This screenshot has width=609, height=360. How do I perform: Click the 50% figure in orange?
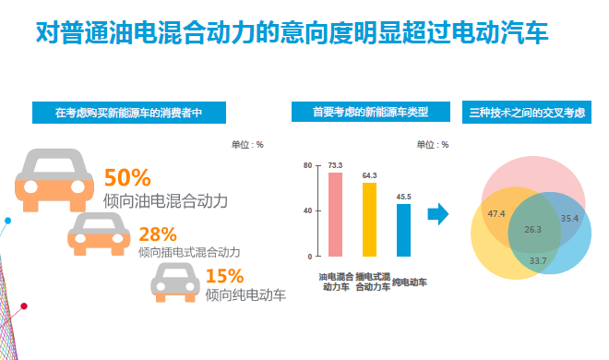[127, 177]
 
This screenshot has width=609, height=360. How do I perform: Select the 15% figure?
[224, 276]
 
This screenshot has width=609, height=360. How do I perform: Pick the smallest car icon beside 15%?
[174, 282]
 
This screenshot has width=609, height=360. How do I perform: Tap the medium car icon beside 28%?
[97, 234]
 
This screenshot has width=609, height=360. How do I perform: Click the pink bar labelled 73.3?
[335, 214]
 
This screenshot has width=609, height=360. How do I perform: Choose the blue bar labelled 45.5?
[403, 230]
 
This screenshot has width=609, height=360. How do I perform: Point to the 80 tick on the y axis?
[308, 165]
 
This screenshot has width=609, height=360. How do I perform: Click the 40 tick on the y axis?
[308, 210]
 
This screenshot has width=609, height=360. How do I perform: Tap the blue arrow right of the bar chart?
[438, 215]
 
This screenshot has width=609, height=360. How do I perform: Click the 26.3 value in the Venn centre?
[532, 229]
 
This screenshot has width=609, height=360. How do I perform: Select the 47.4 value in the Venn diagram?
[496, 214]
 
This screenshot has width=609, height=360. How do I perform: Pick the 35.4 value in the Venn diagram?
[568, 219]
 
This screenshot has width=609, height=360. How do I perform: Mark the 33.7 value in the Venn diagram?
[537, 261]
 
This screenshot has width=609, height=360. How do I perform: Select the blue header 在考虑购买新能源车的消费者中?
[128, 113]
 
